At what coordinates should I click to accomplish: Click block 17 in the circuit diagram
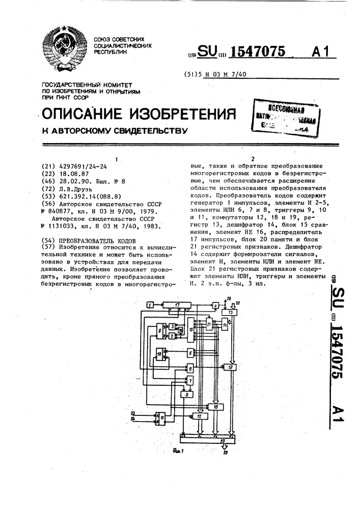pyautogui.click(x=177, y=304)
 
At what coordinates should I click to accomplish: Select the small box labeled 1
pyautogui.click(x=150, y=304)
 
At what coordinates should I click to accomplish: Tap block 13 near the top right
pyautogui.click(x=233, y=312)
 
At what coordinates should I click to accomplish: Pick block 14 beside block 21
pyautogui.click(x=224, y=325)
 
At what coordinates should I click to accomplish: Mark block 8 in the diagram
pyautogui.click(x=190, y=369)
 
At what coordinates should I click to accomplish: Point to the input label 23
pyautogui.click(x=133, y=413)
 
